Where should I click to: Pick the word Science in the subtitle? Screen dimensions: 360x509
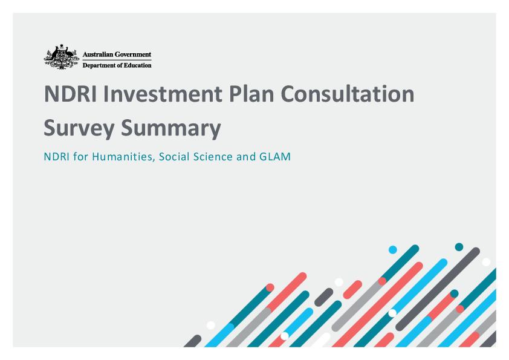point(209,157)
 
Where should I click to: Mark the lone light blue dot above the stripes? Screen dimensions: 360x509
point(392,250)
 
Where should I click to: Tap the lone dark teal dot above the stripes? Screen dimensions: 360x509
point(459,247)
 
